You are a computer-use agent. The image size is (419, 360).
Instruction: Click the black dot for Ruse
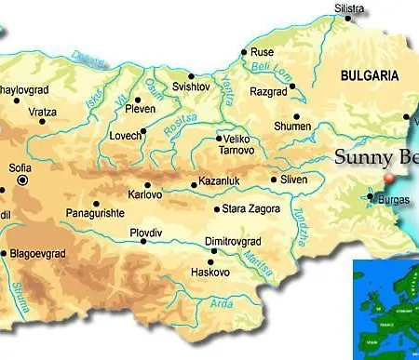pos(244,53)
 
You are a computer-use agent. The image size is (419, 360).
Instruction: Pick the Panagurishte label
pos(97,213)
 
